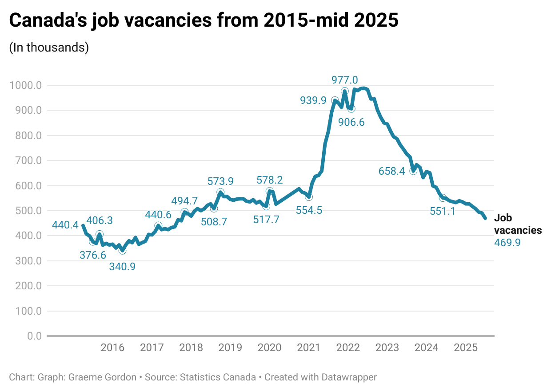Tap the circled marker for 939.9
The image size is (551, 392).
335,101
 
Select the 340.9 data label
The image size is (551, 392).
122,267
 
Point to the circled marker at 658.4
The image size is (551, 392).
413,171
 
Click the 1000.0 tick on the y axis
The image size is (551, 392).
26,85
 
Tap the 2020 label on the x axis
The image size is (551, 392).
269,348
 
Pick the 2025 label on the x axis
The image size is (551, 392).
465,348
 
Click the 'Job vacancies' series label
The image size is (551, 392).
518,224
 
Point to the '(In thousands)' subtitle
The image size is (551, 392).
49,48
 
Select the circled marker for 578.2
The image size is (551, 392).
270,191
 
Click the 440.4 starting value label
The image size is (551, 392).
65,225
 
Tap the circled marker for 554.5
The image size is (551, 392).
309,197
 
